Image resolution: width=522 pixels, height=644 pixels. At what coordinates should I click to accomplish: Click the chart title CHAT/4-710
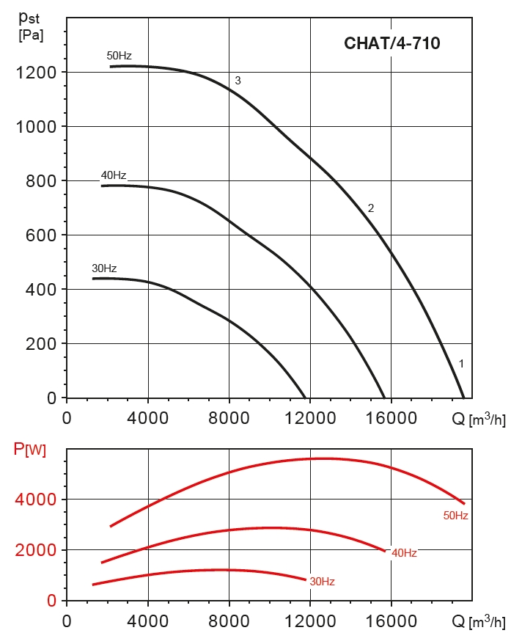click(392, 43)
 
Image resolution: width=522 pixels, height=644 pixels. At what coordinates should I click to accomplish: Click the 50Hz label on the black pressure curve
click(119, 56)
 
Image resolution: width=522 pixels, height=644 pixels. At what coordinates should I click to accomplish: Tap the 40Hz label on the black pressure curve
click(114, 175)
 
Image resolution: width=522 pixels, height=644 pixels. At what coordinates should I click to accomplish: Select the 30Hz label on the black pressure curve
click(104, 268)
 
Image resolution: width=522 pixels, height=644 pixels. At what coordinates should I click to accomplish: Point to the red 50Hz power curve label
click(455, 516)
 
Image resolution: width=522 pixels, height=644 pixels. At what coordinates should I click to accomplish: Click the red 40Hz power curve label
click(404, 553)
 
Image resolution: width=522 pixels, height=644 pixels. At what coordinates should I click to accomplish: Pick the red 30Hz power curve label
click(322, 582)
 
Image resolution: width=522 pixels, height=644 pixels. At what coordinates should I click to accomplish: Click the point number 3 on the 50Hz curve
click(238, 81)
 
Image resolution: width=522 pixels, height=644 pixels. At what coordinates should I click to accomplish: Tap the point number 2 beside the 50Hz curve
click(371, 208)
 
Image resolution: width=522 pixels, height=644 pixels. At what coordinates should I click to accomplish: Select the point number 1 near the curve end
click(461, 363)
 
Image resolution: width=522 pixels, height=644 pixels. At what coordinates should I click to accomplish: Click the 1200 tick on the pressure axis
click(36, 72)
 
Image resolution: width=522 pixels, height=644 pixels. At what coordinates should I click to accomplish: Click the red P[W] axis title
click(30, 450)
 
